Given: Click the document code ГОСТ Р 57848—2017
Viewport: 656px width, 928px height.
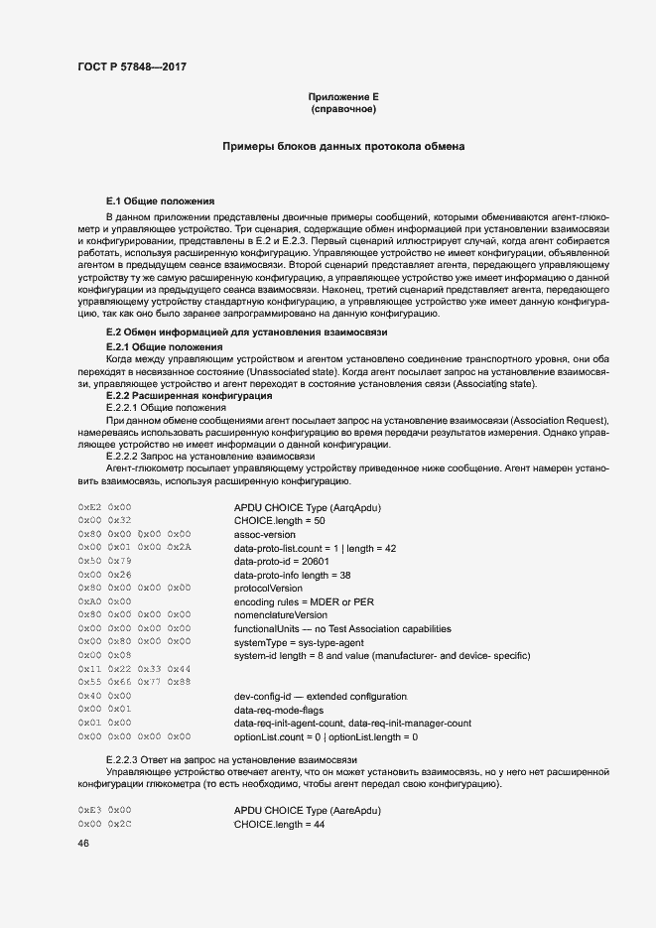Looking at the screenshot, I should pyautogui.click(x=131, y=66).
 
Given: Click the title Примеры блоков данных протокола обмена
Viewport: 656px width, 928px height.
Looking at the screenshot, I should pyautogui.click(x=343, y=147).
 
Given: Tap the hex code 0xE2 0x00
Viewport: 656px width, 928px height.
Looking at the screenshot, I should pyautogui.click(x=104, y=507).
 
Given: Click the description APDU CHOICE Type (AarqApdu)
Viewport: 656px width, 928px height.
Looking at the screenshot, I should pyautogui.click(x=308, y=507).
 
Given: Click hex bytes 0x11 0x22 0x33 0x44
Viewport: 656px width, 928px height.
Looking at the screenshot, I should pyautogui.click(x=134, y=670).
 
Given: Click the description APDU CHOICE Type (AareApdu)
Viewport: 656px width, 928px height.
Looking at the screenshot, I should pyautogui.click(x=308, y=811).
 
